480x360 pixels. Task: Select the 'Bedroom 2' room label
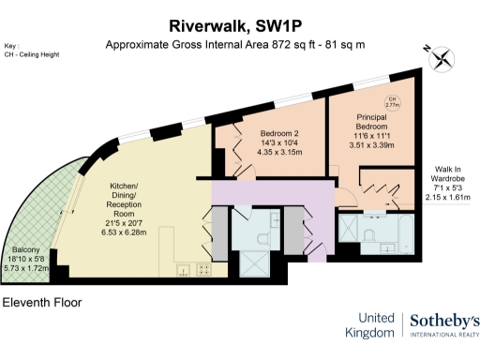click(278, 133)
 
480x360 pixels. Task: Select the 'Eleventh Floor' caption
click(41, 303)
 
